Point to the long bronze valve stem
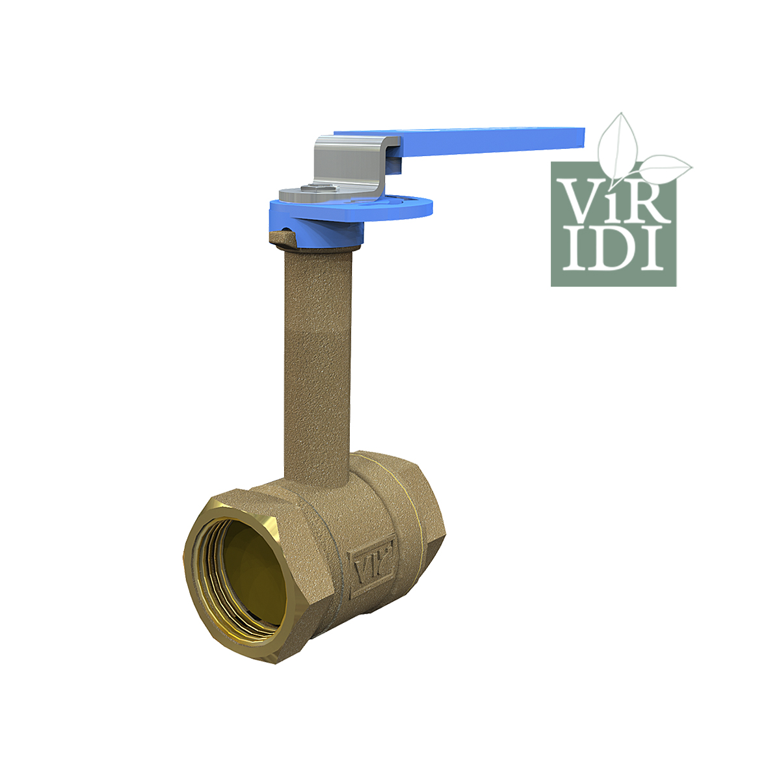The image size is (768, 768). (317, 362)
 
